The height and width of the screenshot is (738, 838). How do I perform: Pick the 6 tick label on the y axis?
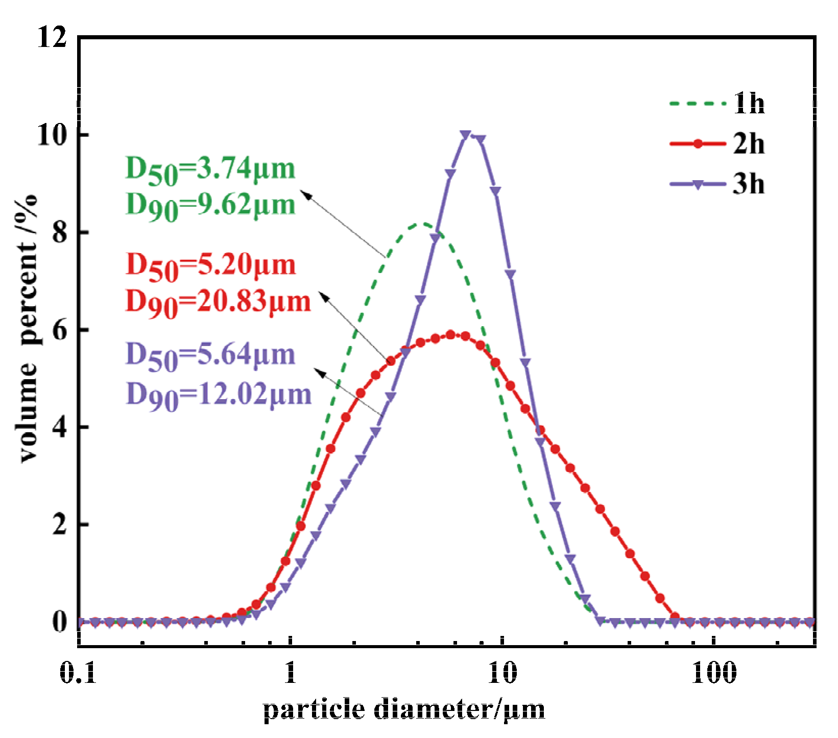(x=59, y=330)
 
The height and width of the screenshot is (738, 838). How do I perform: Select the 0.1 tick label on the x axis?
(x=78, y=673)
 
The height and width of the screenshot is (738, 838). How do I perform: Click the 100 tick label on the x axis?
(x=714, y=673)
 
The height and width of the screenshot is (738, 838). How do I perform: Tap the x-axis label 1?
(x=290, y=673)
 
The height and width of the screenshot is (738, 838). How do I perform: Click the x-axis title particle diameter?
(x=403, y=709)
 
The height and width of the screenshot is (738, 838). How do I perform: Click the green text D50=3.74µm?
(x=210, y=170)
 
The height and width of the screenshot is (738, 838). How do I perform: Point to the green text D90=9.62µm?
(x=210, y=206)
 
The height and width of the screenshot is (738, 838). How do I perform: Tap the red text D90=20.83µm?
(x=218, y=302)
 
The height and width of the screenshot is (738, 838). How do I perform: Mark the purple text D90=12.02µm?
(x=218, y=395)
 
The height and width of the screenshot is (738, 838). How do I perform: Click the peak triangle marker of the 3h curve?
(x=465, y=135)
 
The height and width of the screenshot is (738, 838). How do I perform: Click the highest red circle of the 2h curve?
(x=450, y=335)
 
